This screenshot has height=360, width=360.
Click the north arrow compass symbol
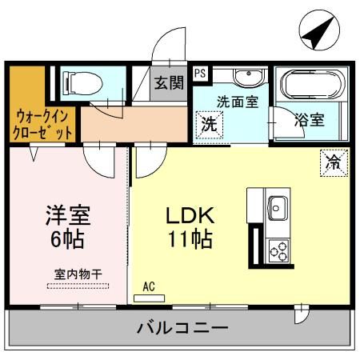coord(319,30)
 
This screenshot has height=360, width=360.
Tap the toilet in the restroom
coord(82,84)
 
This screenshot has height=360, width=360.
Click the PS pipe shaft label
coord(201,73)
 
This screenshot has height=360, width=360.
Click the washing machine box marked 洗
coord(209,125)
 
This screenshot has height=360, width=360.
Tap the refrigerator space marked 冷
coord(334,162)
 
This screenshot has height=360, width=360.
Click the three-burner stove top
coord(278,250)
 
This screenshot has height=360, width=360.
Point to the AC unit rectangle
coord(149,298)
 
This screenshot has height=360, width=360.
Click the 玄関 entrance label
coord(169,82)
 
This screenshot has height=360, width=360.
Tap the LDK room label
coord(190,215)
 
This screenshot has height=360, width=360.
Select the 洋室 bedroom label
coord(68,215)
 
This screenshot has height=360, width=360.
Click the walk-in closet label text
coord(43,125)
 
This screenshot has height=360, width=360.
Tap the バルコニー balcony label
coord(182,327)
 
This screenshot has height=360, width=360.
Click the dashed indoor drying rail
coord(78,286)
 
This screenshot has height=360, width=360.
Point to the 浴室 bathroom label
coord(310,120)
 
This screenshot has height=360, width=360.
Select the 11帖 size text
coord(190,238)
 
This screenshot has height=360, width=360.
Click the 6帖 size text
coord(67,238)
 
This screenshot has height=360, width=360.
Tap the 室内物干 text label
coord(78,274)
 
